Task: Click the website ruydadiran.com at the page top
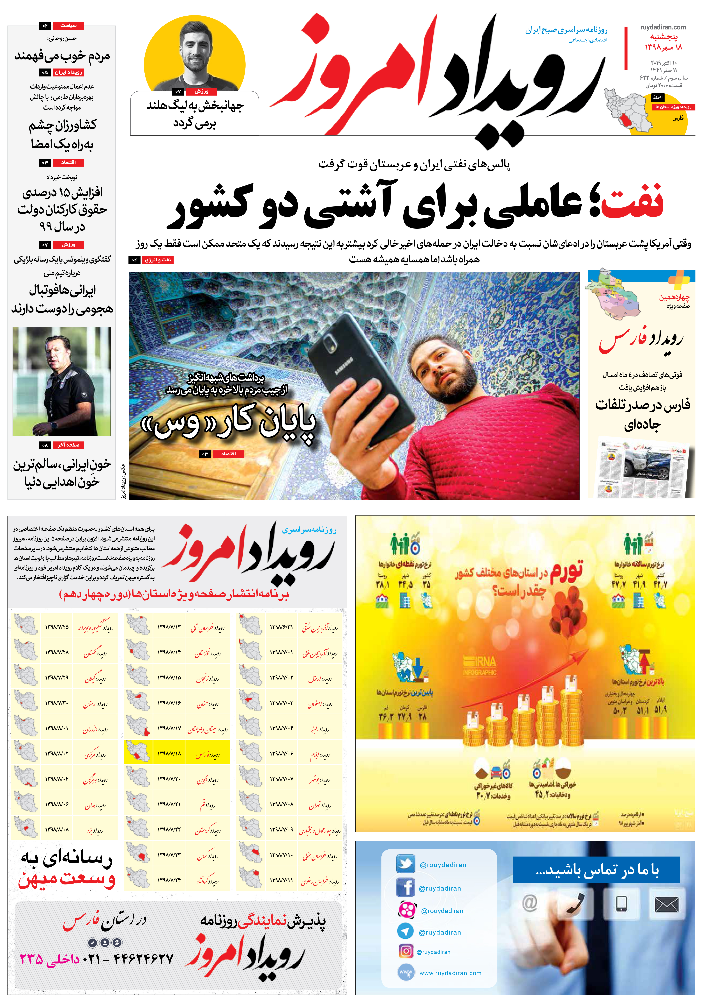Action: (663, 27)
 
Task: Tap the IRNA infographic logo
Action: (480, 665)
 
